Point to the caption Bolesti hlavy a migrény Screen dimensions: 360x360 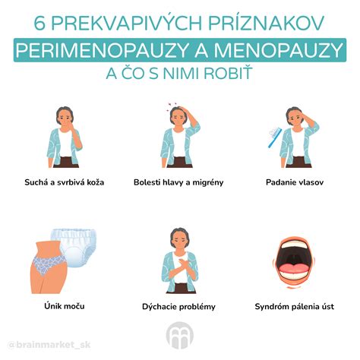pyautogui.click(x=179, y=182)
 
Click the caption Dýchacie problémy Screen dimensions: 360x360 pyautogui.click(x=180, y=306)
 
